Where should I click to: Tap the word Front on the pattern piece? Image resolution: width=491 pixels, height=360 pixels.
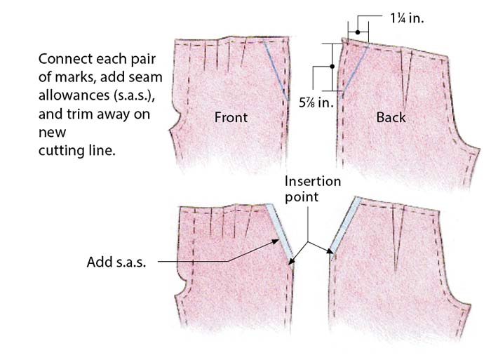(231, 117)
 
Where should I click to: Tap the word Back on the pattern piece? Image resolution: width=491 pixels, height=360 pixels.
(391, 117)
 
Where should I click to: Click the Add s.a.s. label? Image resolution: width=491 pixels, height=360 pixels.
(116, 262)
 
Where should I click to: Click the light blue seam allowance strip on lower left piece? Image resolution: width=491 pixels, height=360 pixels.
(280, 229)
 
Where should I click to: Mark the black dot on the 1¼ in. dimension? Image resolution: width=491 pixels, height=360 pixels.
(357, 32)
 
